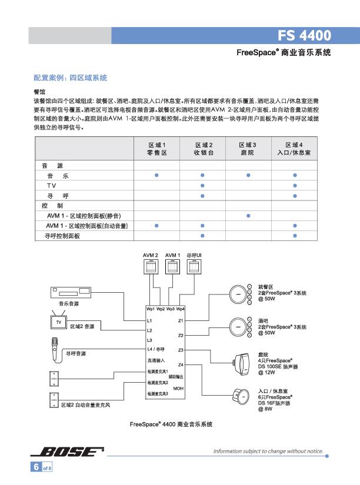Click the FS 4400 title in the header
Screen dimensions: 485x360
(304, 35)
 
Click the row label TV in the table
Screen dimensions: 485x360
(52, 185)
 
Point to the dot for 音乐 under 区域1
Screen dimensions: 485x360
(156, 175)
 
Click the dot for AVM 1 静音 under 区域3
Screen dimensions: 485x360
(248, 216)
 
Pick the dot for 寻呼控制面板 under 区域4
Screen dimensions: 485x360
(294, 236)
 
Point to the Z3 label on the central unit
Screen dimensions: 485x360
(181, 350)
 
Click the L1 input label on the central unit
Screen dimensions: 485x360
(149, 321)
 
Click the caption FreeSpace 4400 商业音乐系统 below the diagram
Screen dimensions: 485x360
(171, 423)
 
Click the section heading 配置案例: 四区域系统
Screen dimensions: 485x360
(70, 78)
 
